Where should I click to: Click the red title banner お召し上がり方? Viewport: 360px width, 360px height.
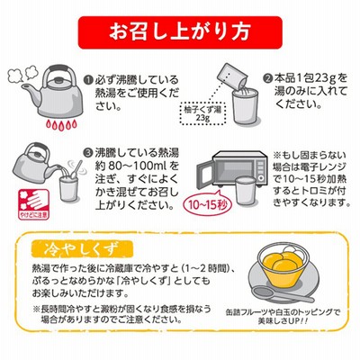point(180,32)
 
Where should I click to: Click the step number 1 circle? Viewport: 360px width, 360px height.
point(88,80)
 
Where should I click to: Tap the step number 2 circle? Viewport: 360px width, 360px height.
point(267,79)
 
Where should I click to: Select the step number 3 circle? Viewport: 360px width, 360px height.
point(88,153)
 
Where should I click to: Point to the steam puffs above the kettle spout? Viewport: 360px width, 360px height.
point(21,75)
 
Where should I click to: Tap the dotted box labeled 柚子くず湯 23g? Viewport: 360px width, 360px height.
point(202,113)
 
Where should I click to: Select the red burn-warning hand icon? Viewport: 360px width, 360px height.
point(33,204)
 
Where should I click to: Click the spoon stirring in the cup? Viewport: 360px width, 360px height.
point(76,170)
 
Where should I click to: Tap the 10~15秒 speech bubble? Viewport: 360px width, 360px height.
point(207,205)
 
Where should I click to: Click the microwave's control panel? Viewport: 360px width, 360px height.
point(261,168)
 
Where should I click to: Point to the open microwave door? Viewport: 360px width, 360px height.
point(206,177)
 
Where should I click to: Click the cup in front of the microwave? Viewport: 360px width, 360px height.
point(246,191)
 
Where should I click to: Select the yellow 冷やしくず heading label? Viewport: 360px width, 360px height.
point(82,248)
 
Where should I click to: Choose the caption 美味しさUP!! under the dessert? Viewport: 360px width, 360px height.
point(283,320)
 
